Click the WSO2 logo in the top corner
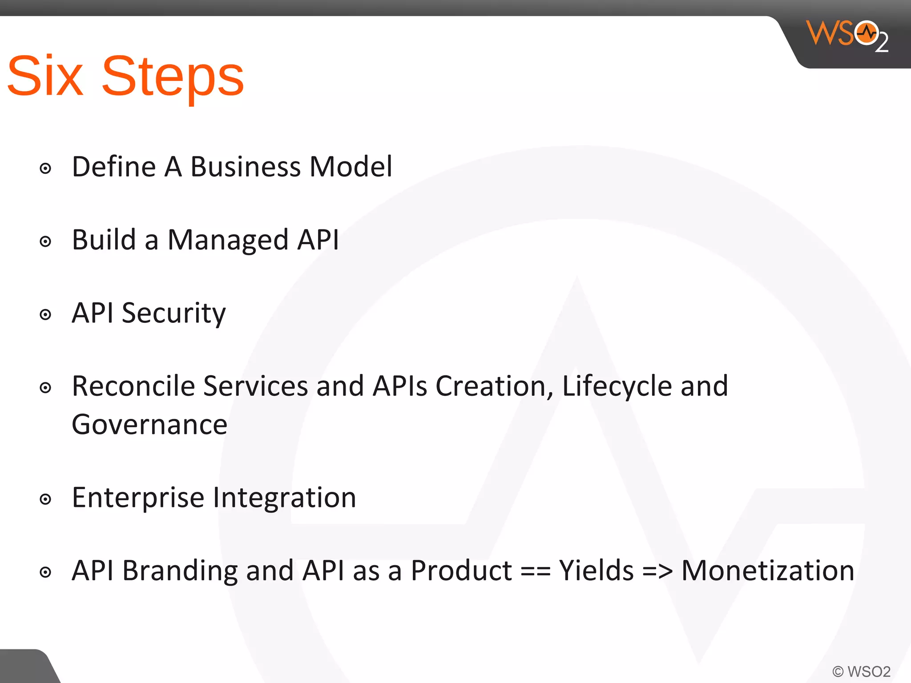[x=847, y=36]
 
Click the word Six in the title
[x=45, y=76]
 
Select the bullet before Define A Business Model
[x=45, y=169]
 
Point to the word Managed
[x=228, y=240]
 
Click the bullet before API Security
[x=45, y=315]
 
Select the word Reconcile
[x=133, y=386]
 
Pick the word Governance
[x=149, y=425]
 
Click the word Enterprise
[x=138, y=498]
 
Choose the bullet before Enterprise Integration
[x=45, y=499]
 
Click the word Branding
[x=180, y=571]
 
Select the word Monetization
[x=768, y=571]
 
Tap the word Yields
[x=596, y=571]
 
